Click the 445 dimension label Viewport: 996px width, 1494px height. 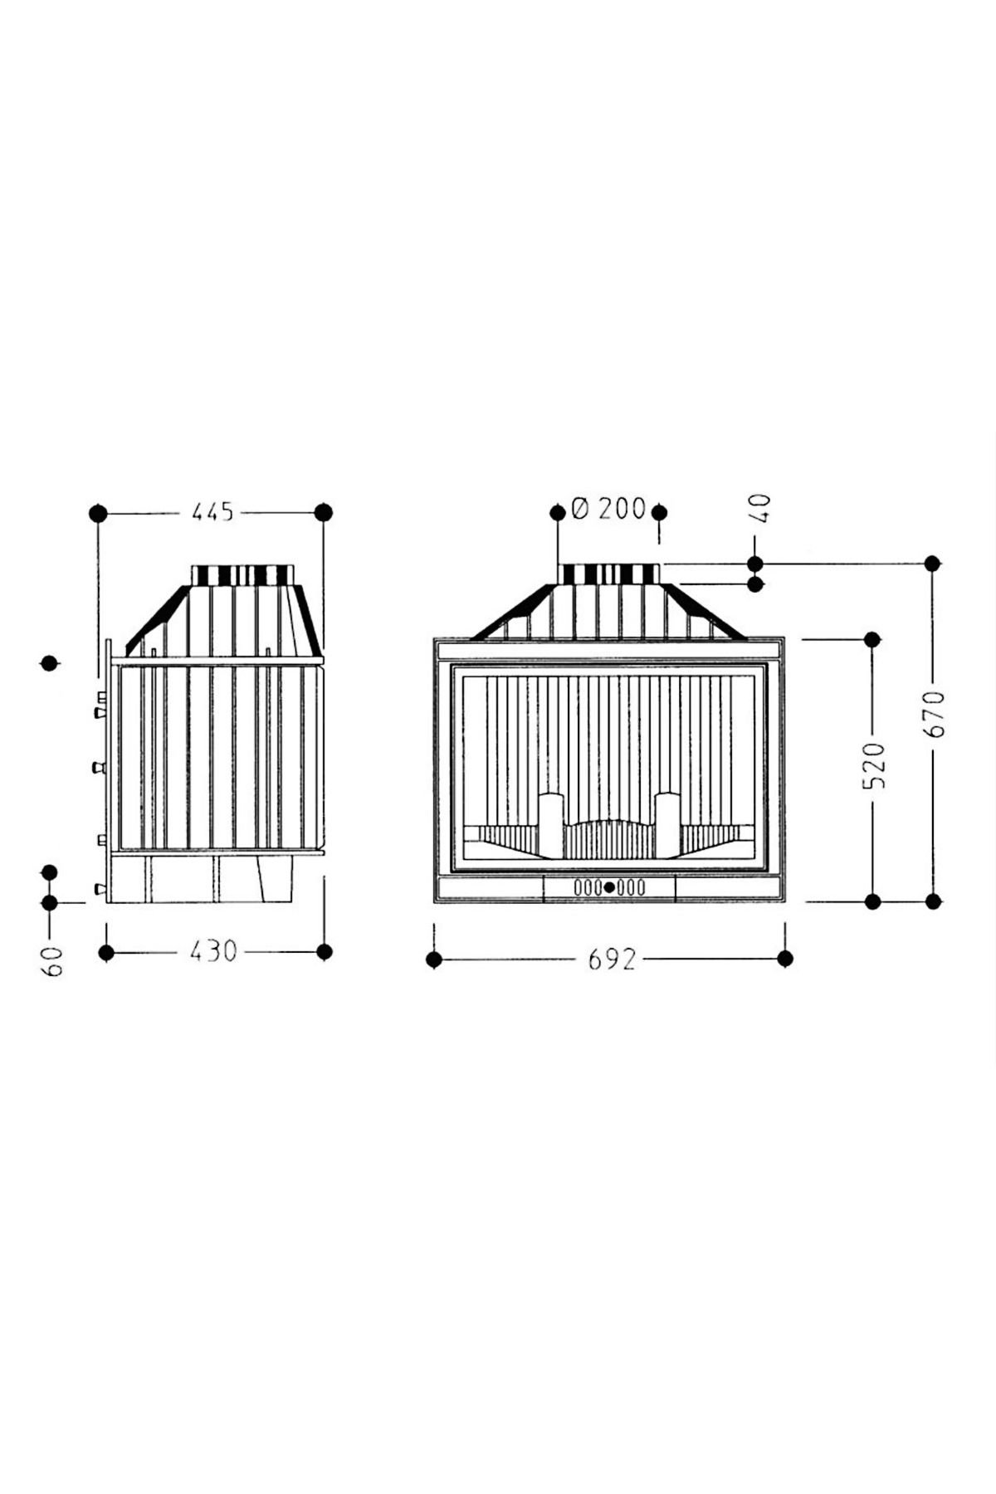(213, 512)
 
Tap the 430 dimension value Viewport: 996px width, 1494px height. (213, 950)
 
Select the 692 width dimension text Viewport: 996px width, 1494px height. (612, 959)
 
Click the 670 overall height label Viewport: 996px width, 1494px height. (937, 713)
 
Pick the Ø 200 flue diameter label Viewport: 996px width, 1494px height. (608, 508)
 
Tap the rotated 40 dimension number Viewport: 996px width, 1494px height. (761, 508)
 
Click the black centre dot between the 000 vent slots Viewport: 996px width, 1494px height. (610, 887)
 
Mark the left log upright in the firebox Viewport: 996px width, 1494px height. (552, 826)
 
